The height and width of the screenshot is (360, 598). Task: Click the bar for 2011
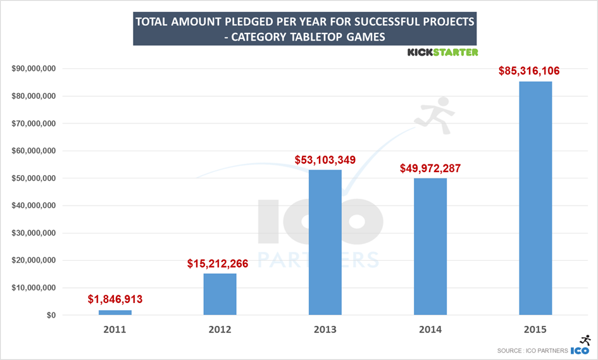[115, 313]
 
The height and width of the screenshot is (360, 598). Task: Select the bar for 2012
[220, 294]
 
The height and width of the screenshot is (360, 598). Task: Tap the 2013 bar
[325, 242]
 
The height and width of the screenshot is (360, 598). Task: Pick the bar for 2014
[430, 247]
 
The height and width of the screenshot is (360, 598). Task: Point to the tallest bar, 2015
[535, 198]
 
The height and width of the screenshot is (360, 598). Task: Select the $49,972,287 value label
[430, 168]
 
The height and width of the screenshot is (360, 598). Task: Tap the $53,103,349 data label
[325, 159]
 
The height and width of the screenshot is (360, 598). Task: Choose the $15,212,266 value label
[218, 263]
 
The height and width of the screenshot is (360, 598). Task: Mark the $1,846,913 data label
[115, 299]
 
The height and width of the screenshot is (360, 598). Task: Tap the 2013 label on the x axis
[325, 330]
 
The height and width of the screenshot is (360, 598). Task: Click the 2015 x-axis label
[535, 330]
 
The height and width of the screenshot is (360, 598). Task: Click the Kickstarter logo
[442, 52]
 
